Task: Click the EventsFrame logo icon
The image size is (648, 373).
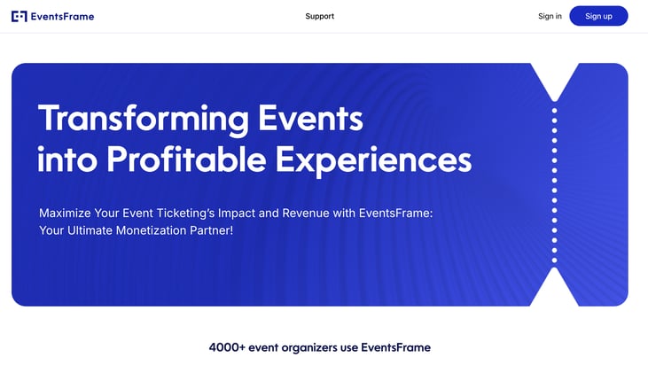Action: coord(20,17)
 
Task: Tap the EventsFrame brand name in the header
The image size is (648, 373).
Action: coord(62,17)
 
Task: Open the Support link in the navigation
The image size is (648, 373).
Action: coord(319,16)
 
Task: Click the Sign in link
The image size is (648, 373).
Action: coord(550,16)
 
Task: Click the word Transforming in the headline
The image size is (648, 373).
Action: coord(144,119)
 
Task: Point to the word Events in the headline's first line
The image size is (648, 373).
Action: coord(310,119)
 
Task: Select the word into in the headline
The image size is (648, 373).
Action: coord(67,159)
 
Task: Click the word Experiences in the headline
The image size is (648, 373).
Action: coord(373,160)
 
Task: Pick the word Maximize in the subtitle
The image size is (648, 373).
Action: coord(65,214)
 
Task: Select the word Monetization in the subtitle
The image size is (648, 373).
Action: coord(151,230)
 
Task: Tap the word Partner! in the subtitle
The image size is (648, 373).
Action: coord(211,230)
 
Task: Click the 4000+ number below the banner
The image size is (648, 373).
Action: coord(227,347)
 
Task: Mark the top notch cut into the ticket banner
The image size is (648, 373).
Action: coord(554,81)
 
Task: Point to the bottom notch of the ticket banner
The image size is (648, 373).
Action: coord(554,288)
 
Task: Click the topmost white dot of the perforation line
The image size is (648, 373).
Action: coord(554,111)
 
